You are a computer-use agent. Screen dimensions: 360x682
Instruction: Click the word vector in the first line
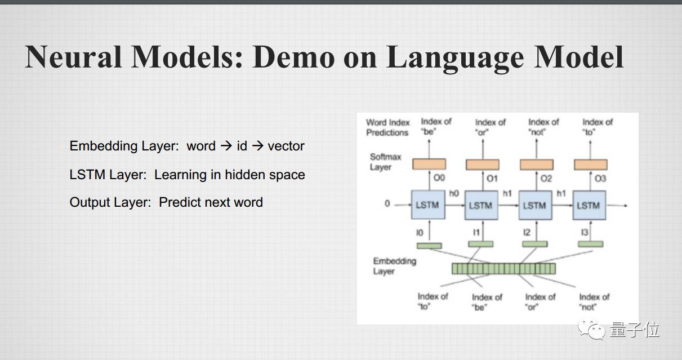click(286, 146)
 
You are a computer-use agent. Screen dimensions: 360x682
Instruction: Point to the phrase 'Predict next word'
click(211, 203)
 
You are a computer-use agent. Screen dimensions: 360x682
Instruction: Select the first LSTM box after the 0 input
click(428, 205)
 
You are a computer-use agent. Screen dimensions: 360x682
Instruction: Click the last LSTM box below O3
click(589, 205)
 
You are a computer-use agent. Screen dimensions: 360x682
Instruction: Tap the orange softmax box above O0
click(429, 164)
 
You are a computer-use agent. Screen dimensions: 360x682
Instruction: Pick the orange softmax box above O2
click(536, 164)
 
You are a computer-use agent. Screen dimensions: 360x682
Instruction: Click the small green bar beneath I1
click(480, 244)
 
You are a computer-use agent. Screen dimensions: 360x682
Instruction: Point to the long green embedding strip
click(503, 269)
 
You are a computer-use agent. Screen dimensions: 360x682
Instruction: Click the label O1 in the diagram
click(492, 179)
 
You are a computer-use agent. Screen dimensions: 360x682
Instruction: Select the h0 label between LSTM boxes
click(454, 193)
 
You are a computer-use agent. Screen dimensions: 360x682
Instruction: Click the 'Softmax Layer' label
click(385, 162)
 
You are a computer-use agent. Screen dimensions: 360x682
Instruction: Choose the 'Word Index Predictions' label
click(387, 127)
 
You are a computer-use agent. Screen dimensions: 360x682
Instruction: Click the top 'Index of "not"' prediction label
click(543, 127)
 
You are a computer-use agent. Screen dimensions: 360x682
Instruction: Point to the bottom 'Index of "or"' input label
click(540, 302)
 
